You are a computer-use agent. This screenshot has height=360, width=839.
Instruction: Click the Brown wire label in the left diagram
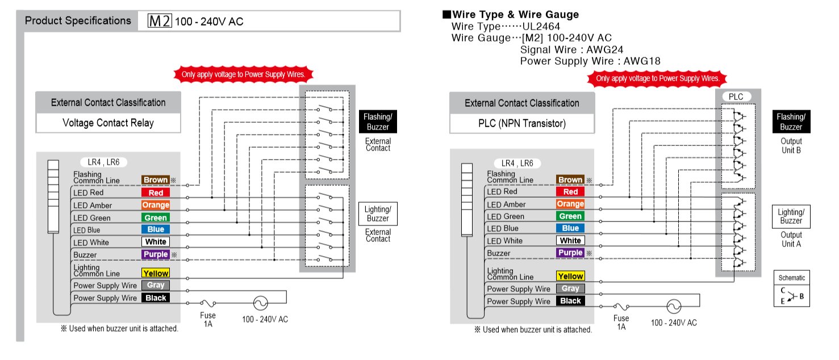tap(155, 180)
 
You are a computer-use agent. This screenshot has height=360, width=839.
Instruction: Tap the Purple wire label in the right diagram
tap(570, 253)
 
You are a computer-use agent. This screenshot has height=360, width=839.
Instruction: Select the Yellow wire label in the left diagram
tap(155, 274)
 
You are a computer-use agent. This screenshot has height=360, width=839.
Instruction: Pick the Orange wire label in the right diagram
tap(570, 204)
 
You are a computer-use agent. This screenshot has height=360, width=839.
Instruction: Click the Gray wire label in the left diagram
tap(155, 286)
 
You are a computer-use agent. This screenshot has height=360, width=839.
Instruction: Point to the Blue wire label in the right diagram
tap(570, 228)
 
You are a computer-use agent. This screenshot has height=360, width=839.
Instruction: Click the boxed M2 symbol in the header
tap(160, 22)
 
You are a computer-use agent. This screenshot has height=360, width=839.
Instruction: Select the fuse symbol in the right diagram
tap(621, 307)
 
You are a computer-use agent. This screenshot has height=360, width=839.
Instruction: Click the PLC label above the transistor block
tap(736, 97)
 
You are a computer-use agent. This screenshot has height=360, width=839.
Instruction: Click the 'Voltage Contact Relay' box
tap(108, 123)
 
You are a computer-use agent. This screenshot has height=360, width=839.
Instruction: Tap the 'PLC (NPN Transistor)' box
tap(521, 123)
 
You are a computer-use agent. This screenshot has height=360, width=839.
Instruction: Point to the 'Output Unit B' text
tap(791, 145)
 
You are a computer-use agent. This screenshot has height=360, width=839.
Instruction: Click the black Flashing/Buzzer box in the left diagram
tap(378, 121)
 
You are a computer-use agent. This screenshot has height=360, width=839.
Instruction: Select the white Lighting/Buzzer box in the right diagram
tap(791, 216)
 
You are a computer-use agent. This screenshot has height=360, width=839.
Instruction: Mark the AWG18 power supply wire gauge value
tap(642, 61)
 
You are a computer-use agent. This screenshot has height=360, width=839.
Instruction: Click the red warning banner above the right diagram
tap(657, 78)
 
